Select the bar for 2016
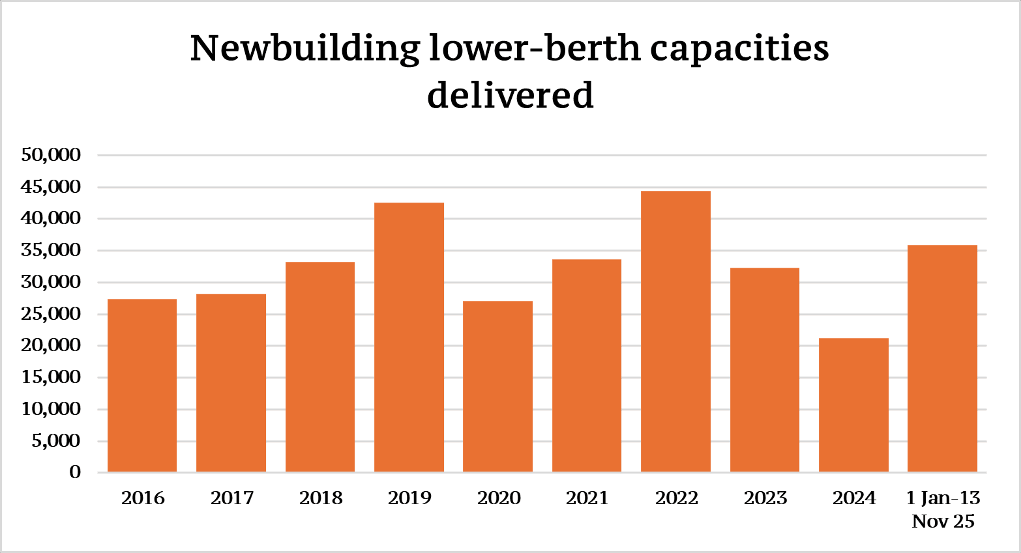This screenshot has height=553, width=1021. click(142, 386)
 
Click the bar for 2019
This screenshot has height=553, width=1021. click(409, 337)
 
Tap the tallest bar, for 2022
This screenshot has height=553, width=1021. click(675, 332)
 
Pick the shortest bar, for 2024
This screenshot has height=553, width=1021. click(853, 405)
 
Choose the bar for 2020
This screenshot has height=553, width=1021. click(497, 386)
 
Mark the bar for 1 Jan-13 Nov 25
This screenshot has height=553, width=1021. click(942, 358)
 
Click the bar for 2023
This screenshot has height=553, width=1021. click(765, 370)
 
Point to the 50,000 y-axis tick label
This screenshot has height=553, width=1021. click(51, 155)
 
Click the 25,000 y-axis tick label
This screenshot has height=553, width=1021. click(51, 314)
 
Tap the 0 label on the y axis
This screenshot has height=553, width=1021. click(75, 472)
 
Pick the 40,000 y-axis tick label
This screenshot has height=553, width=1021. click(51, 219)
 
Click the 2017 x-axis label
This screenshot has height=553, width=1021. click(232, 498)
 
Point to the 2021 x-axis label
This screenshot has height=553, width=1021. click(587, 498)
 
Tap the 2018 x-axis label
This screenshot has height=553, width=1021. click(321, 498)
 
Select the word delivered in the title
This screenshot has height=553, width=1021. click(510, 95)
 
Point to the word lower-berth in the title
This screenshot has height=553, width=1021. click(535, 50)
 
